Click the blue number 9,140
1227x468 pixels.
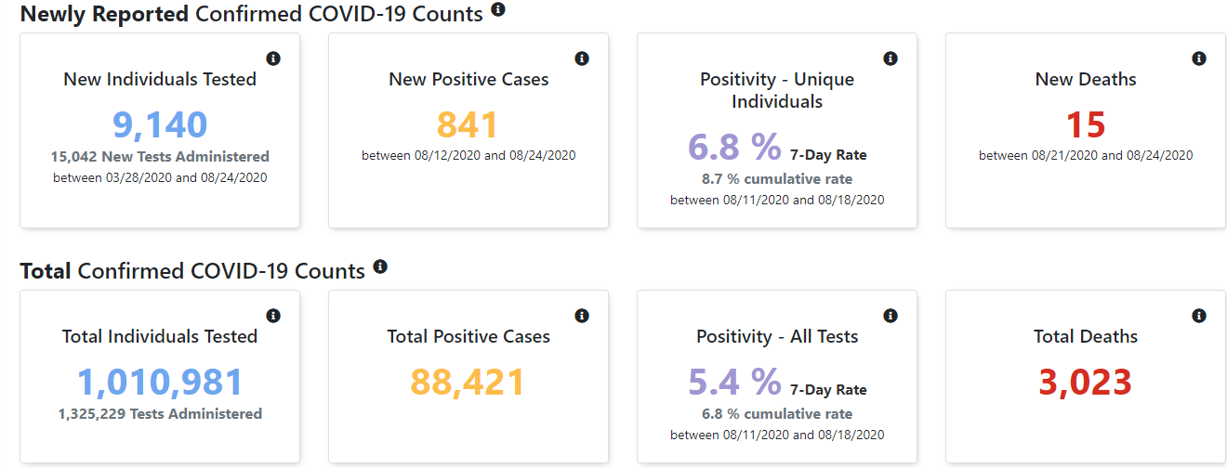pyautogui.click(x=160, y=124)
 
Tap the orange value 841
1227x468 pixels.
pyautogui.click(x=468, y=124)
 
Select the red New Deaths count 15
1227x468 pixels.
pyautogui.click(x=1085, y=124)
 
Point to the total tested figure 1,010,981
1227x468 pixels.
pyautogui.click(x=160, y=382)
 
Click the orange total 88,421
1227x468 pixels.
pyautogui.click(x=468, y=382)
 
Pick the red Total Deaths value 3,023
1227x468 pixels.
pyautogui.click(x=1085, y=382)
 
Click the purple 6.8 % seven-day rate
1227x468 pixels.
pyautogui.click(x=734, y=147)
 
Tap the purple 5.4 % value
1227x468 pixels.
pyautogui.click(x=734, y=382)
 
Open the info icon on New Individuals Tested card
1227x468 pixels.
pyautogui.click(x=273, y=58)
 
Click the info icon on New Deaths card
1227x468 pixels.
pyautogui.click(x=1199, y=58)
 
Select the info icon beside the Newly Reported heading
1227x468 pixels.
pyautogui.click(x=498, y=9)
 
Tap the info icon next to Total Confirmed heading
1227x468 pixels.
pyautogui.click(x=380, y=266)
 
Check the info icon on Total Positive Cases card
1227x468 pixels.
pyautogui.click(x=582, y=316)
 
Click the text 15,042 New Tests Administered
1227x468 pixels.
pyautogui.click(x=160, y=157)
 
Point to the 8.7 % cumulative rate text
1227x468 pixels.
pyautogui.click(x=777, y=179)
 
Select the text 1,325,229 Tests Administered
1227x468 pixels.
pyautogui.click(x=160, y=414)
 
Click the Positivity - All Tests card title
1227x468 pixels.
pyautogui.click(x=777, y=336)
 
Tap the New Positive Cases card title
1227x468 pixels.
pyautogui.click(x=468, y=79)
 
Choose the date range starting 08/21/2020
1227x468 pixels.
pyautogui.click(x=1086, y=155)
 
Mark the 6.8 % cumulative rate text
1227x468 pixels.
pyautogui.click(x=777, y=414)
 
